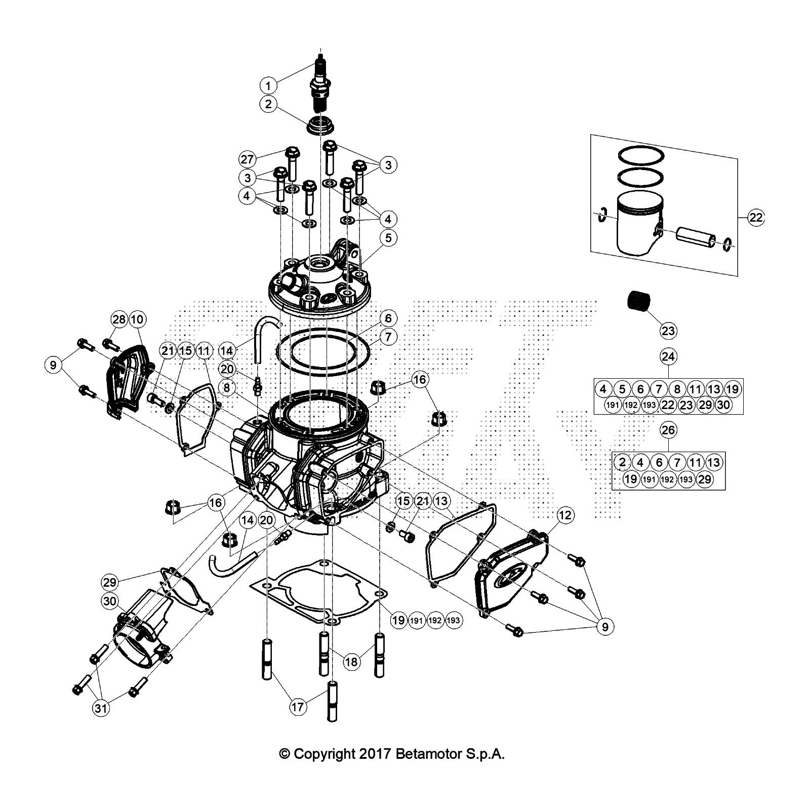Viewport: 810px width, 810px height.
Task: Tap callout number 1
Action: pos(268,85)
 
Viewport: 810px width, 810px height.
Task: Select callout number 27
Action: pos(247,159)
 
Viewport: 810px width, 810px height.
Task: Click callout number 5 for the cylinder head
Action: pos(388,238)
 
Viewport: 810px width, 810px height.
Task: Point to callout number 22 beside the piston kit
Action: pos(755,218)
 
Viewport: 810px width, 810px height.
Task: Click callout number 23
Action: pos(668,331)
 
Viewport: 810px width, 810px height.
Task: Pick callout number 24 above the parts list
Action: pos(668,357)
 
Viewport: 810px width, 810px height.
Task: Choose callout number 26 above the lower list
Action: pos(668,430)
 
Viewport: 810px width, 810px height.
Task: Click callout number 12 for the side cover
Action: pos(565,516)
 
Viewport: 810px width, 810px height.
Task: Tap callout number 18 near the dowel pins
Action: pos(351,662)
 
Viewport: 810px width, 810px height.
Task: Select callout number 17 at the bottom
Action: pos(299,707)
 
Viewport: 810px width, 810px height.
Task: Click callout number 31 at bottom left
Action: pos(101,708)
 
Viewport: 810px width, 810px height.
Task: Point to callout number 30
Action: pos(110,601)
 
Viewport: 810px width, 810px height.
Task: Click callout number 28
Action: pos(119,319)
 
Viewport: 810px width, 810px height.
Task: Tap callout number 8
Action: pos(227,388)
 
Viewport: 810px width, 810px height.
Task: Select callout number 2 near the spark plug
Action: pos(268,104)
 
